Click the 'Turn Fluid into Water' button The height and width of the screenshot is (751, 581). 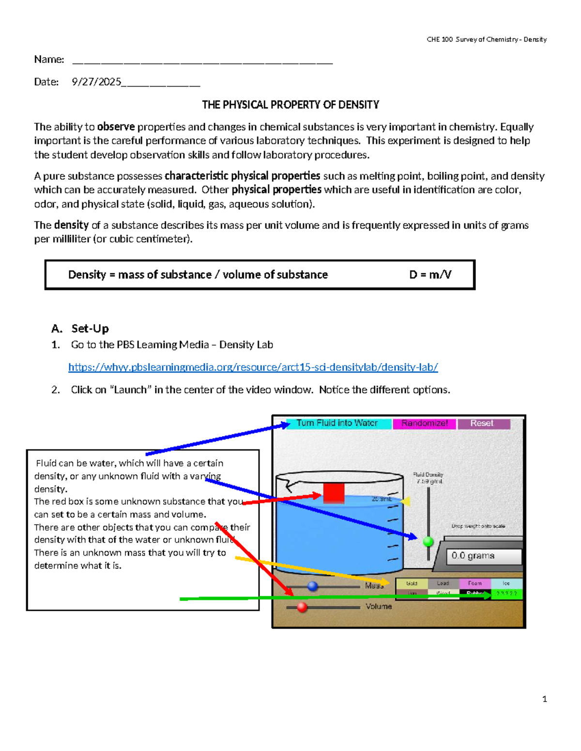tap(338, 424)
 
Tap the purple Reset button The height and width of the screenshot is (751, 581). tap(483, 424)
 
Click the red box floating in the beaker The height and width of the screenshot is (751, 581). tap(334, 493)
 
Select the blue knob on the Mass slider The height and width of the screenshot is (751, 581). tap(313, 586)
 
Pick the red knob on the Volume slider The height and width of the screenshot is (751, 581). tap(302, 607)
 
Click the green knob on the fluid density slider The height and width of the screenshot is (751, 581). tap(428, 542)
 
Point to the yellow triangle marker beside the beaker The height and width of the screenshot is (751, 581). tap(406, 501)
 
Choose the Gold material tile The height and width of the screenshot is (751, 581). tap(412, 584)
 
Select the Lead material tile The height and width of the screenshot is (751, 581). tap(443, 584)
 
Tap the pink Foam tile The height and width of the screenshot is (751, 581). tap(474, 584)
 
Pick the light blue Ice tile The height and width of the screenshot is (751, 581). tap(506, 584)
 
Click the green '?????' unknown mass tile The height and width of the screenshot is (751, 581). tap(507, 594)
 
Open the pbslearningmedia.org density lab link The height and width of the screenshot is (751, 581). tap(253, 368)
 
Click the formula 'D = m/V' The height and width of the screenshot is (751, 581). tap(430, 275)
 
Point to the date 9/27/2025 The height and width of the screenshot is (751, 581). tap(96, 82)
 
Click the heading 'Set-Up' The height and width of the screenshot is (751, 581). tap(90, 329)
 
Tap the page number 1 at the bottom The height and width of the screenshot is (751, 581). tap(545, 699)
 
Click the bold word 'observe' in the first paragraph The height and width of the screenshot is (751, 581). tap(116, 127)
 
